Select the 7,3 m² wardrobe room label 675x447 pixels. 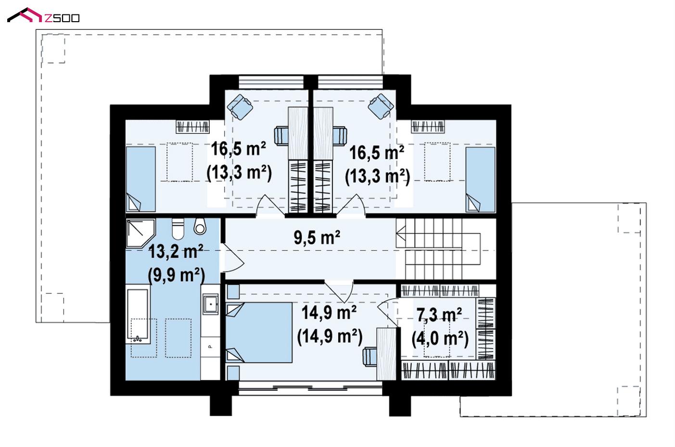tap(439, 315)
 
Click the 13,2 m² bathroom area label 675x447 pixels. tap(176, 251)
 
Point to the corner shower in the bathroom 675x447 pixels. tap(140, 233)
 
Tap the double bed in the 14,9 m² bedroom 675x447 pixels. tap(259, 332)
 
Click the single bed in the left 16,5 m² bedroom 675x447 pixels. tap(141, 179)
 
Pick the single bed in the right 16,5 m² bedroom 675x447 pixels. tap(480, 180)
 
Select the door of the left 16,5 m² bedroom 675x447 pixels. tap(270, 205)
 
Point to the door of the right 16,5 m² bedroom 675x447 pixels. tap(351, 205)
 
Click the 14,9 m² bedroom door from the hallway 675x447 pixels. tap(339, 292)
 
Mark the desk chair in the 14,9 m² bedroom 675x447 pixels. tap(369, 357)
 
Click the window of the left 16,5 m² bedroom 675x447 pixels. tap(271, 82)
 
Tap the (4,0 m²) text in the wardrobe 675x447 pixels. tap(440, 339)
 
